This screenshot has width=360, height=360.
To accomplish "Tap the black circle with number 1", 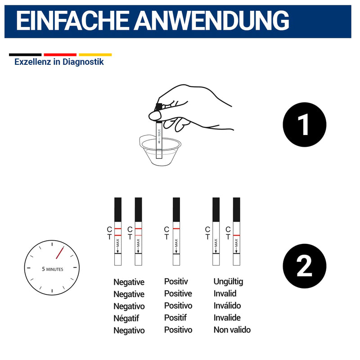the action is click(305, 125).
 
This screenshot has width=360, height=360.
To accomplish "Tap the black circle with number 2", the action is click(305, 266).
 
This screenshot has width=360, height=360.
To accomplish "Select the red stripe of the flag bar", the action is click(60, 54).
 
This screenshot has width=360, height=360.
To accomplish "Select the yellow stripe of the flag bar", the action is click(95, 54).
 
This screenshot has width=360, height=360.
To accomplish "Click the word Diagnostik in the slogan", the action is click(83, 62).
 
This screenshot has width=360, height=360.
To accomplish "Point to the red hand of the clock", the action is click(60, 253).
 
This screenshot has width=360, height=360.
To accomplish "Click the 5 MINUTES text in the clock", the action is click(53, 269).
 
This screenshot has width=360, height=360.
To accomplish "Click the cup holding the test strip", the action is click(160, 150).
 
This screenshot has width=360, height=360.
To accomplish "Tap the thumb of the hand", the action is click(155, 116).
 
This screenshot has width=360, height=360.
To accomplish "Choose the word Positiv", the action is click(176, 282).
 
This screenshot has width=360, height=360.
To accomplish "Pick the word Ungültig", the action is click(228, 282).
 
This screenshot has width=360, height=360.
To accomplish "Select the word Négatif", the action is click(126, 318).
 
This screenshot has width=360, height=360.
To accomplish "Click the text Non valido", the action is click(232, 330).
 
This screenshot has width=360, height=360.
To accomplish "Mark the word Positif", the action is click(175, 318).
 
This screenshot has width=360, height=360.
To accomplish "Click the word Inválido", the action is click(227, 306).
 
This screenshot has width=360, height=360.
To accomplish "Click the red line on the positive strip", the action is click(176, 229).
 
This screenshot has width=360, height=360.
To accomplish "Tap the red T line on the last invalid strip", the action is click(237, 235).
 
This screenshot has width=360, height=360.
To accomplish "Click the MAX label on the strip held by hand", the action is click(159, 133).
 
